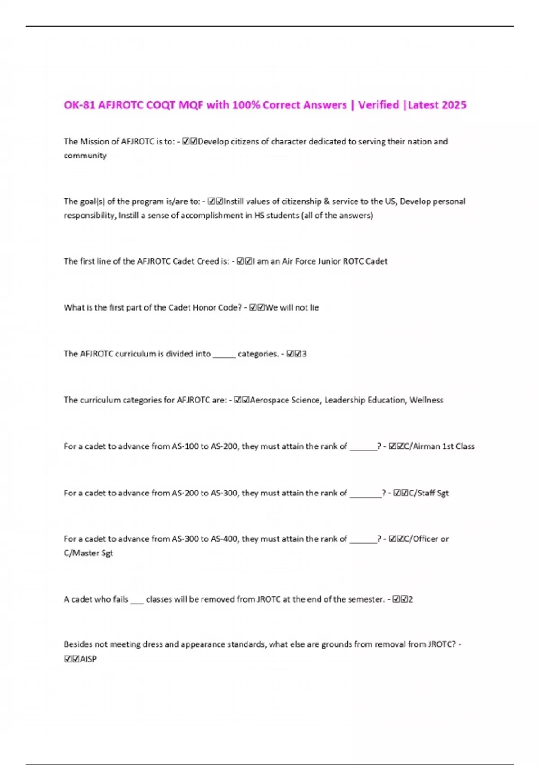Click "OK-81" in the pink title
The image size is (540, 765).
(79, 105)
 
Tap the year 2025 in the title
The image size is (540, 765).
(454, 105)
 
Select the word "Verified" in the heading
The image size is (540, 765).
(378, 105)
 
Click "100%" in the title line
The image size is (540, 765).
(246, 105)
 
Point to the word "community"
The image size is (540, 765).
(85, 156)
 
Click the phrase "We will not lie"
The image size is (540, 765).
(292, 308)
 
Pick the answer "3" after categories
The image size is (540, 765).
(304, 354)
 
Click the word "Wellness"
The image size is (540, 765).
(426, 400)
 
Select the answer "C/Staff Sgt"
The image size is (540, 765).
(428, 493)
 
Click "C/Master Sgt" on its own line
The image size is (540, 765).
(88, 553)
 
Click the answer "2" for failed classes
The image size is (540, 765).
(410, 599)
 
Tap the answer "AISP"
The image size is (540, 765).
(88, 659)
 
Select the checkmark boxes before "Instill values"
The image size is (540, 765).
(216, 202)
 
